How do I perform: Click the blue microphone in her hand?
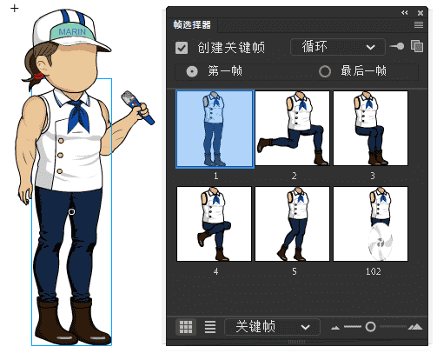138,108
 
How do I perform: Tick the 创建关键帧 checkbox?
182,49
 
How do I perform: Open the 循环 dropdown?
337,48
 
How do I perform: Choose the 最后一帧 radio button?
325,71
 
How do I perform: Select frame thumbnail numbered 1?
215,129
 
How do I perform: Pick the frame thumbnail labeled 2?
292,128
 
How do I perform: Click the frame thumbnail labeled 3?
370,128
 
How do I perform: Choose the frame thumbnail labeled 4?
215,223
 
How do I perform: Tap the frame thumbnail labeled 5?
292,223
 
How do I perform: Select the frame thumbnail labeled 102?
370,223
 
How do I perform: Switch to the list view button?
209,327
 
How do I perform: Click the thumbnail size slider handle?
370,327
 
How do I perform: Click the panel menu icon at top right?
418,25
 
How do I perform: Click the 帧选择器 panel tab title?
198,25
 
